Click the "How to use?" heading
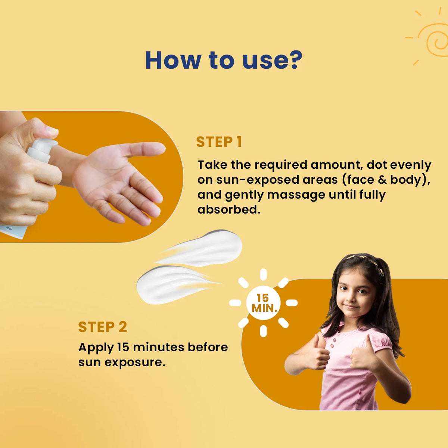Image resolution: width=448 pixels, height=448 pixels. click(223, 60)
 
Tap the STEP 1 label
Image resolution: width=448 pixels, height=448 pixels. click(219, 142)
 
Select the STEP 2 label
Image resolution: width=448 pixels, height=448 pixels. click(103, 327)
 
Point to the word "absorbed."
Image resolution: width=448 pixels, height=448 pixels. click(228, 209)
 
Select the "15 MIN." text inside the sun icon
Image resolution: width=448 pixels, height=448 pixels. click(263, 303)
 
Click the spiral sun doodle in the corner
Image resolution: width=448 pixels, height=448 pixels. click(433, 39)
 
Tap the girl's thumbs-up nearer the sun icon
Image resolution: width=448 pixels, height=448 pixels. click(318, 353)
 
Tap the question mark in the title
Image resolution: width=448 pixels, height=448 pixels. click(294, 60)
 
